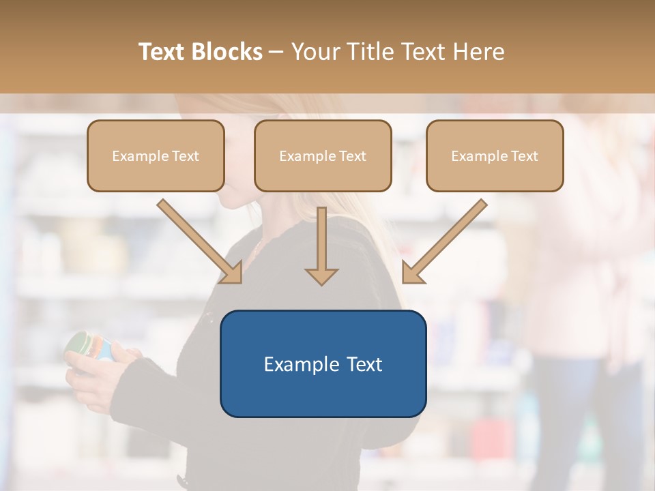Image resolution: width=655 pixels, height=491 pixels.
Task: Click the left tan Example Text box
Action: point(156,156)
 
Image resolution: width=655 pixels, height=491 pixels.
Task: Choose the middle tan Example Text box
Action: point(323,156)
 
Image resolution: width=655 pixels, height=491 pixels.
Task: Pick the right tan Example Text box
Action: point(495,156)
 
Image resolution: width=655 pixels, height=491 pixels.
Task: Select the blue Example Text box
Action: point(323,363)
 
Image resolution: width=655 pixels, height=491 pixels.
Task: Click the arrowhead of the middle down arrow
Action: point(321,276)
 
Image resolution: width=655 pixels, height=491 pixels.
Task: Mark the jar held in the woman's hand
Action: point(89,344)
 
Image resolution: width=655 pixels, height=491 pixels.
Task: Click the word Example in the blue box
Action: point(300,364)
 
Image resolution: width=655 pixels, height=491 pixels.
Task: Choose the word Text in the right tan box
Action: point(525,156)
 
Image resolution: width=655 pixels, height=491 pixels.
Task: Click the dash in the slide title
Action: point(276,52)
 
